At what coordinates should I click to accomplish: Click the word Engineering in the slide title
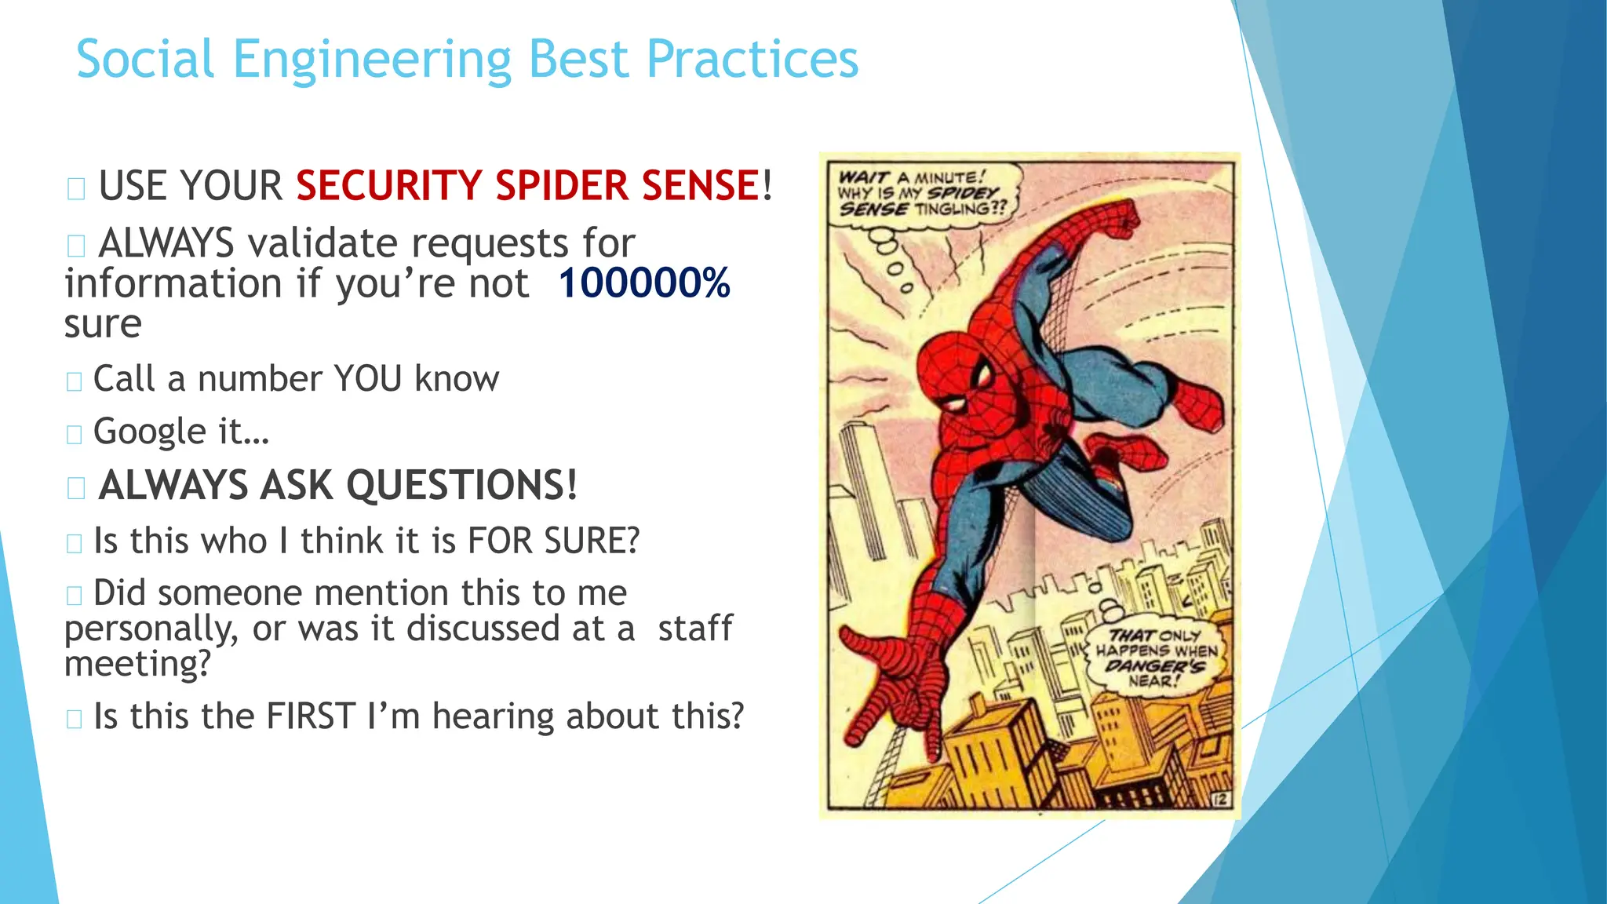point(372,60)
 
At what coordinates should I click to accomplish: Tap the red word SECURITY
point(388,186)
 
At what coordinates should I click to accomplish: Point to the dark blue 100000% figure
point(643,283)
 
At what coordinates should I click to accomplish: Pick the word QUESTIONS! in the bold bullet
point(461,485)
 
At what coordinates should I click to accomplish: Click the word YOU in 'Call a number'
point(367,379)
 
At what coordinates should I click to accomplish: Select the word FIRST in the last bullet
point(311,716)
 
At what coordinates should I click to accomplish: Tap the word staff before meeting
point(694,628)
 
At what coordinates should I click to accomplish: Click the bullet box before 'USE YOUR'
point(76,189)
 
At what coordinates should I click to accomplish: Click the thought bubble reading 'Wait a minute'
point(922,193)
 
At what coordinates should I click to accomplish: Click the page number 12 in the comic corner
point(1220,799)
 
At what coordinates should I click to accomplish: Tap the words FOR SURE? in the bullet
point(553,541)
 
